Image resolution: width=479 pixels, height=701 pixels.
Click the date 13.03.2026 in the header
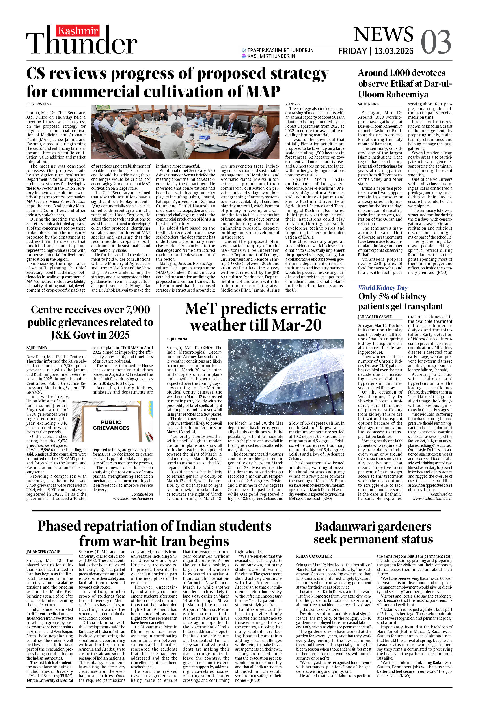(394, 51)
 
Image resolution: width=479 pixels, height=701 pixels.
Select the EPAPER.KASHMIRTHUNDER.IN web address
(280, 50)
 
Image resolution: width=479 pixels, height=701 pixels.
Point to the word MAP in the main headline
(263, 91)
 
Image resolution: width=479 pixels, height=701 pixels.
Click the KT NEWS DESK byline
(39, 104)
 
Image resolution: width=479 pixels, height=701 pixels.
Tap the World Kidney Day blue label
(383, 288)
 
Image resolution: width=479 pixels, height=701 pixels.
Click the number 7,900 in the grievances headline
(138, 310)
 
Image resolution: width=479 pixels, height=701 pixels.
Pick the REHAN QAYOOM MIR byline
(314, 556)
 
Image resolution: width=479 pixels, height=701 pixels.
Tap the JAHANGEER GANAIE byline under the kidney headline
(375, 317)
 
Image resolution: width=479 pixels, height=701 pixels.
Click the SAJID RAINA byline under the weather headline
(177, 339)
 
